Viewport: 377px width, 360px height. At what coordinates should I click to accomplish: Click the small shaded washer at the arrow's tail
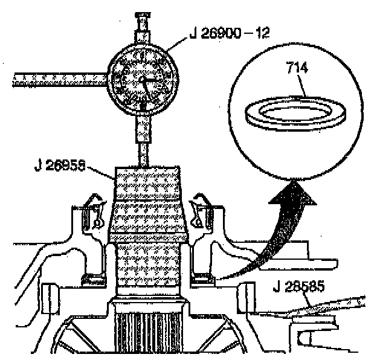click(202, 279)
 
